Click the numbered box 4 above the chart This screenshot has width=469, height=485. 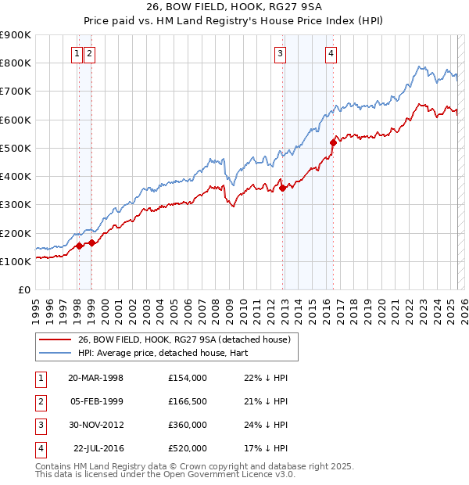pos(331,54)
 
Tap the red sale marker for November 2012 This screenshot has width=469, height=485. pos(282,188)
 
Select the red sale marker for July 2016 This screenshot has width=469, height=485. pos(333,142)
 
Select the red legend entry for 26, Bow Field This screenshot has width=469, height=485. pos(184,339)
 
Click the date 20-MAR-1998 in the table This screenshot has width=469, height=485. pos(96,378)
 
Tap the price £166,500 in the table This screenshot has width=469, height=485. pos(188,401)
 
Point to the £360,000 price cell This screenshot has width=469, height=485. pos(188,425)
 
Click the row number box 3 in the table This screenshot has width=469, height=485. pos(39,425)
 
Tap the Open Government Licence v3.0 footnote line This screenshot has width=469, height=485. pos(166,474)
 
